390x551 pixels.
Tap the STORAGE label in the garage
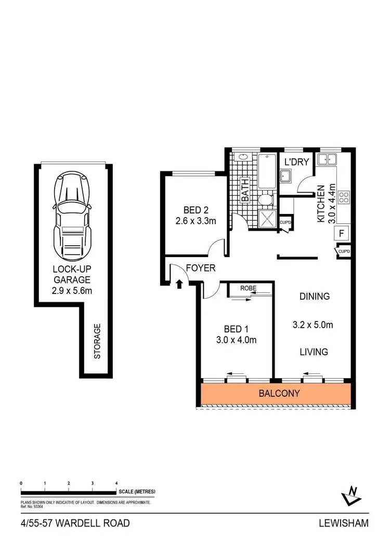pyautogui.click(x=97, y=341)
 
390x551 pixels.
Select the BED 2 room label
pyautogui.click(x=196, y=210)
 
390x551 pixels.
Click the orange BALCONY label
pyautogui.click(x=279, y=393)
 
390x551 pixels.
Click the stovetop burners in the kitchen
pyautogui.click(x=344, y=197)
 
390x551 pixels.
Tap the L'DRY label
pyautogui.click(x=296, y=162)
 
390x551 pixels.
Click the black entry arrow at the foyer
pyautogui.click(x=179, y=284)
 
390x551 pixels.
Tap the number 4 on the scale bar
pyautogui.click(x=116, y=483)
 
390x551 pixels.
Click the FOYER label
pyautogui.click(x=201, y=268)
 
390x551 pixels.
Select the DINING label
pyautogui.click(x=314, y=297)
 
